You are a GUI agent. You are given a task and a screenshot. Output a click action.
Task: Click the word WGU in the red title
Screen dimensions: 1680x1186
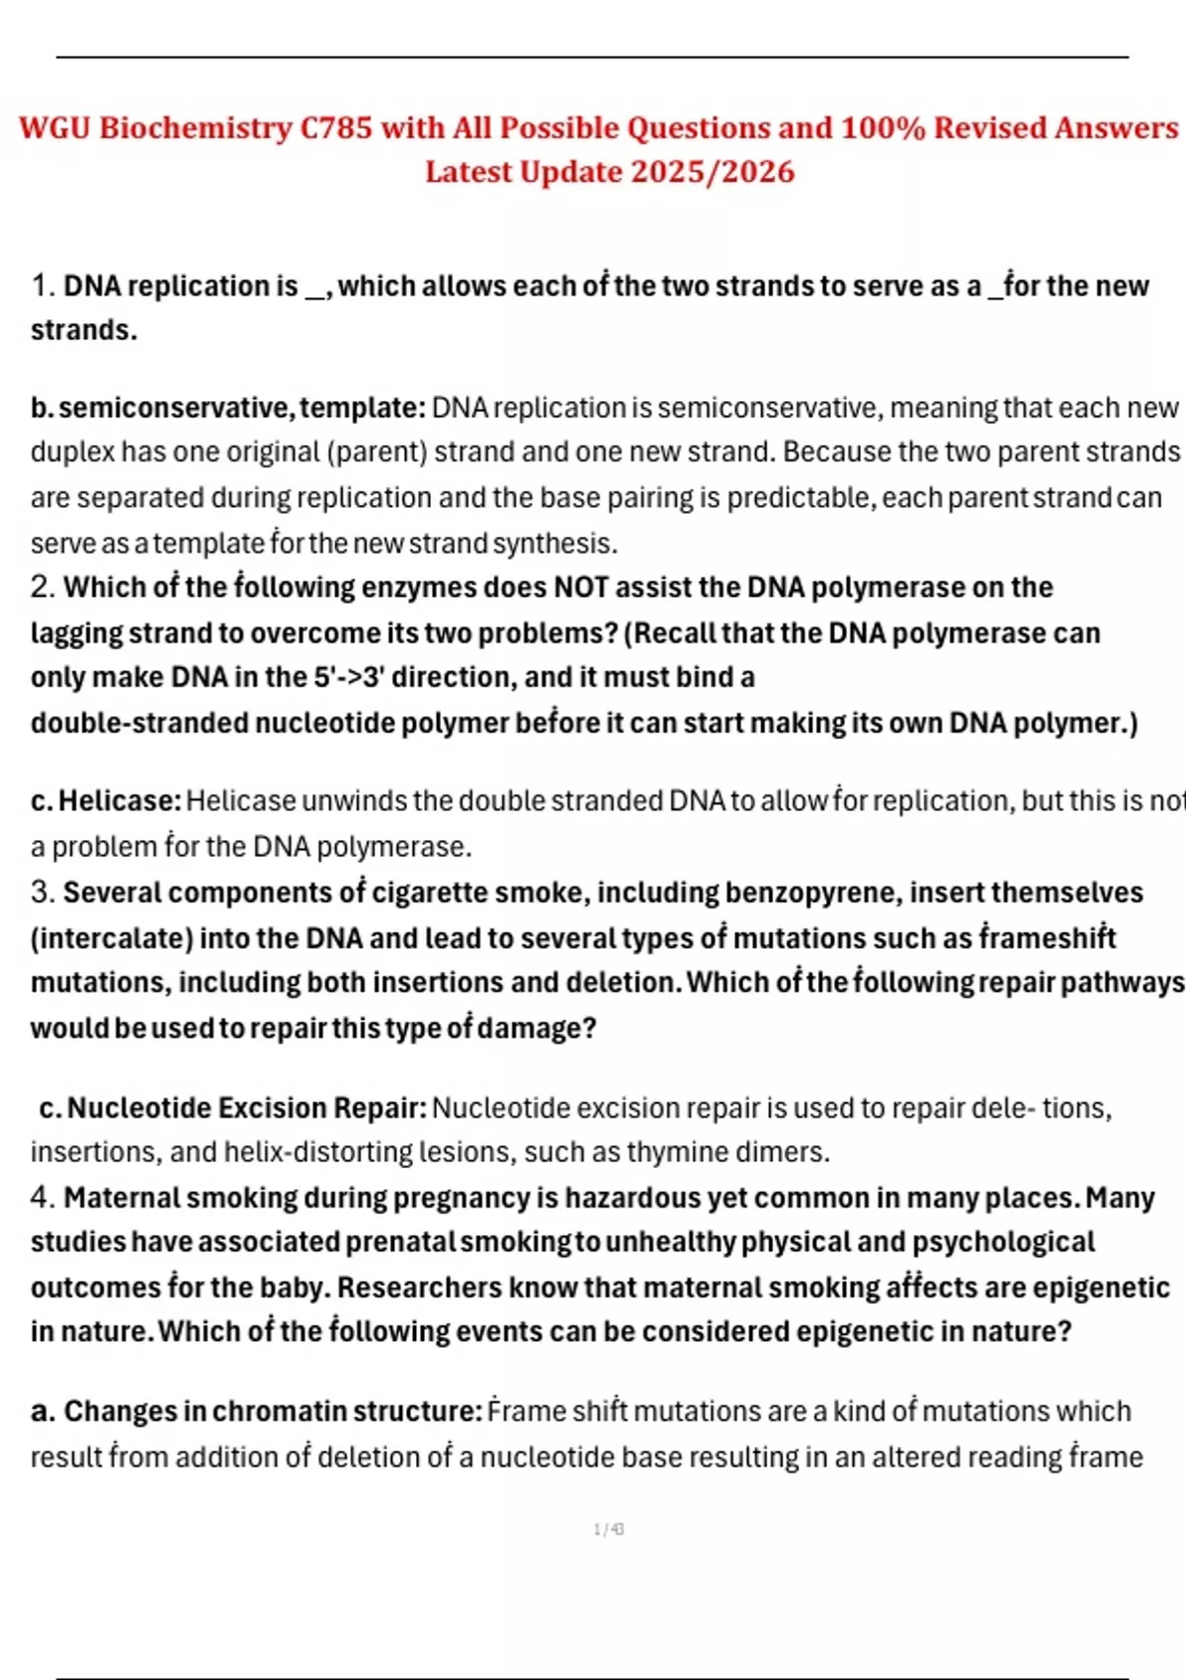pos(54,128)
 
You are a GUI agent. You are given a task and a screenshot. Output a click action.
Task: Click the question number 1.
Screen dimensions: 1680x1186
pos(42,287)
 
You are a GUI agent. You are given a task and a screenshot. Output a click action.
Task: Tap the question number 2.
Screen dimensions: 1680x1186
pos(42,587)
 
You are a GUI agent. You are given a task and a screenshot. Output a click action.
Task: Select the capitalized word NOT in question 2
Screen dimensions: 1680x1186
pos(580,587)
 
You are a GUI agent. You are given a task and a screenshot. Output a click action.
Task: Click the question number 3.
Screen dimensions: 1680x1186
pos(42,892)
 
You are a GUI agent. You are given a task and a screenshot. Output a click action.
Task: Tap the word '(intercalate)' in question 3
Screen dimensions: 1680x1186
pos(111,938)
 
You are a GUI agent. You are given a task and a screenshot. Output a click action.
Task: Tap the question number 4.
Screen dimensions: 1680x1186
pos(42,1198)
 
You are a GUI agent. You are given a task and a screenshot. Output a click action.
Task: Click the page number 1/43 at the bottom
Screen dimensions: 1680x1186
pos(609,1530)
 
